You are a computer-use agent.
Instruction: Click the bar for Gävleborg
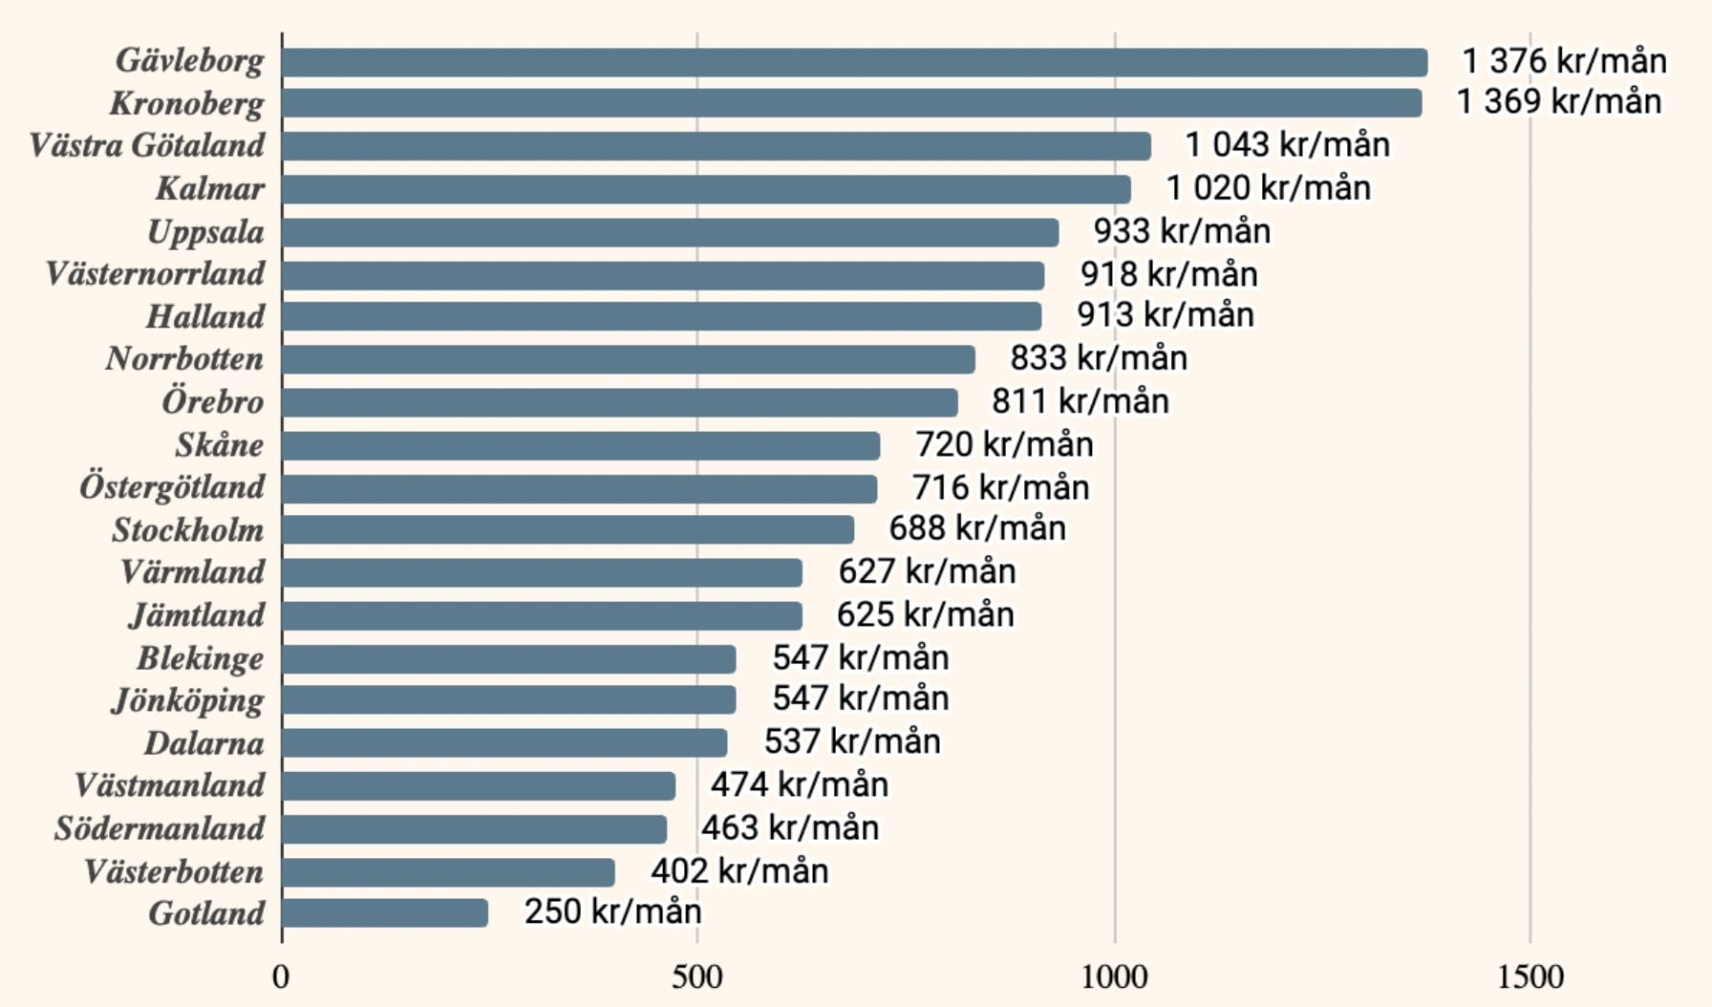tap(854, 62)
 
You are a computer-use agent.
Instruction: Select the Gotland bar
tap(385, 912)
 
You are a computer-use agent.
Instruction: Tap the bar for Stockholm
tap(567, 529)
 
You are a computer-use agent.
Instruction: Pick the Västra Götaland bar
tap(717, 145)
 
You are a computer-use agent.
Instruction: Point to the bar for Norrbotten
tap(629, 359)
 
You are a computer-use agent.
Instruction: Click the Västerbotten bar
tap(448, 871)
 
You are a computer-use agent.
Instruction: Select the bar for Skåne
tap(581, 445)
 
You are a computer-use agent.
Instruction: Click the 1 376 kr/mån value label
tap(1564, 61)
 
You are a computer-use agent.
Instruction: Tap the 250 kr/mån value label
tap(612, 911)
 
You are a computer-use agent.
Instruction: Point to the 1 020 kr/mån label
tap(1268, 188)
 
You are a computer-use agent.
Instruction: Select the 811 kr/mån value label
tap(1080, 401)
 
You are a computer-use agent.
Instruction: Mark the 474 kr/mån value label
tap(799, 785)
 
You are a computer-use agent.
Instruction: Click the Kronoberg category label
tap(186, 103)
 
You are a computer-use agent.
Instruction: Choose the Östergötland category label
tap(172, 487)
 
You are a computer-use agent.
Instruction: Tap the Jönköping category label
tap(188, 701)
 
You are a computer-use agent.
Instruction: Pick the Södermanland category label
tap(160, 828)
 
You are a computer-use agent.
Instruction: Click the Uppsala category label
tap(205, 232)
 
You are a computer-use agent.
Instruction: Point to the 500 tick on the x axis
tap(696, 976)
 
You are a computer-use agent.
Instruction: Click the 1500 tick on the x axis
tap(1530, 976)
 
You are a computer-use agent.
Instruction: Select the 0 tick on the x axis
tap(281, 976)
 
